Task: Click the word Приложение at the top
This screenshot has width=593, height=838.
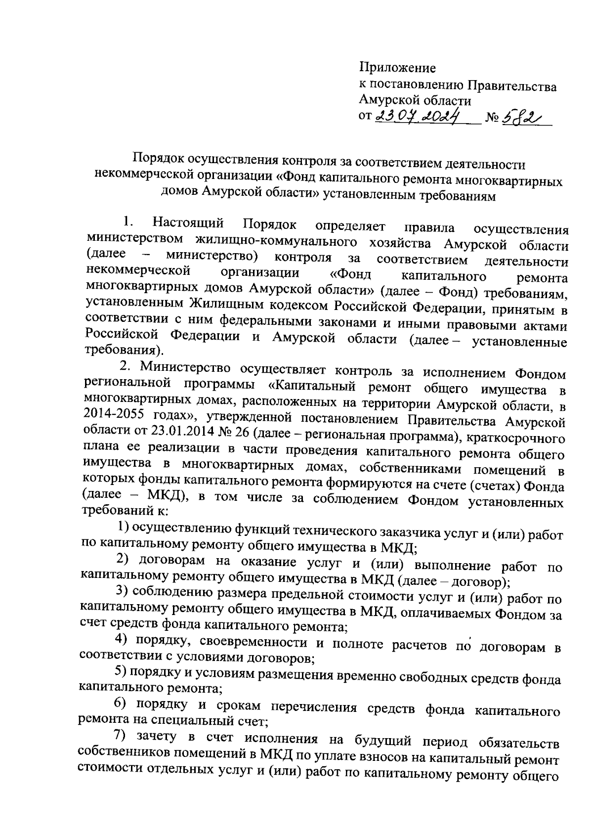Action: [397, 68]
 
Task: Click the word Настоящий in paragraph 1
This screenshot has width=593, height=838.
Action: [188, 224]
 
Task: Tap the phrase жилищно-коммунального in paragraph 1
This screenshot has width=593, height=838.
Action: [276, 241]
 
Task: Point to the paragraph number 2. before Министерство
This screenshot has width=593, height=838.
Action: [127, 367]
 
